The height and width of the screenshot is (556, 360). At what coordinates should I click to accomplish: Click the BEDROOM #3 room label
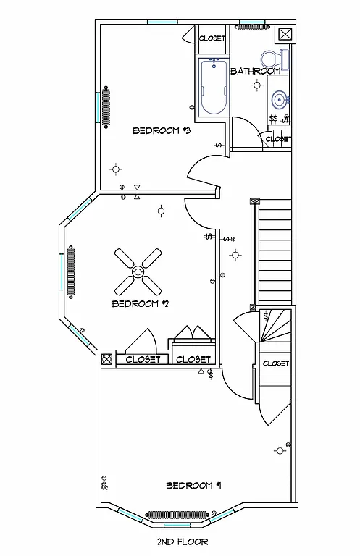click(x=161, y=131)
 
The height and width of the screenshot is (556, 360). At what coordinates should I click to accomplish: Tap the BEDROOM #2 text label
click(x=140, y=303)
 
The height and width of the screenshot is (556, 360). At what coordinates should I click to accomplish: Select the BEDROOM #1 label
click(x=193, y=485)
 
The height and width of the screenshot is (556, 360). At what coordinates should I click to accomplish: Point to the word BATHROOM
click(x=255, y=71)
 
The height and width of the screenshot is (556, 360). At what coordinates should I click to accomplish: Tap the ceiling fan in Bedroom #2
click(x=138, y=271)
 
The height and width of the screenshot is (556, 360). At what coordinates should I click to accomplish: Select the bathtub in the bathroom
click(x=213, y=88)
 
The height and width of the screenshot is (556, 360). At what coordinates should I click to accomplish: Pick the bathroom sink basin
click(x=278, y=100)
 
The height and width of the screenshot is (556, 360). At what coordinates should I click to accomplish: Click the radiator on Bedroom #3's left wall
click(x=107, y=106)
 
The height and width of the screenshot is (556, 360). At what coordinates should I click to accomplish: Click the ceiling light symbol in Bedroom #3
click(x=115, y=170)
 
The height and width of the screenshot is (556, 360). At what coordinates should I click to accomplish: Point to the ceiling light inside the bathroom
click(x=256, y=85)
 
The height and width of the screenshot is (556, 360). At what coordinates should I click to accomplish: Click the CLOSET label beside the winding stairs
click(x=275, y=363)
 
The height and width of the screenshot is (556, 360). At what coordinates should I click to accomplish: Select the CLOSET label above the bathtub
click(x=212, y=38)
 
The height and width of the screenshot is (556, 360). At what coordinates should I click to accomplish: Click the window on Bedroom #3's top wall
click(x=162, y=22)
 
